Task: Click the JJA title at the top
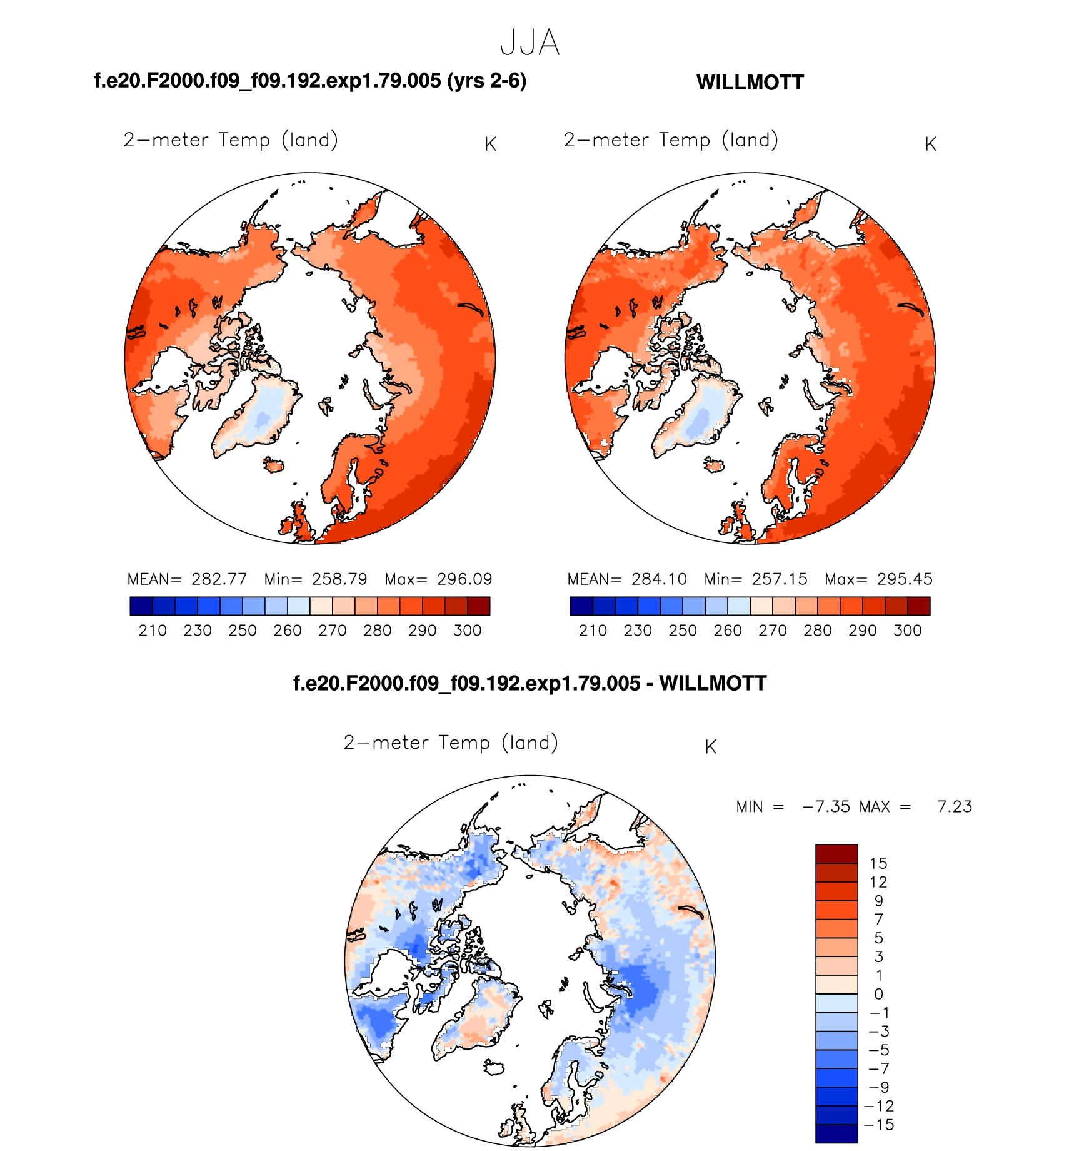[x=529, y=43]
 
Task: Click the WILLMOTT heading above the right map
[x=750, y=83]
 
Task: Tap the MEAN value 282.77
[x=219, y=579]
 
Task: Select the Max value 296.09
[x=464, y=579]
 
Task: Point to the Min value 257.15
[x=780, y=579]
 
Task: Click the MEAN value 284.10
[x=659, y=579]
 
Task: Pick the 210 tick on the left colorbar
[x=153, y=631]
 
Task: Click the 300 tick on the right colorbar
[x=907, y=631]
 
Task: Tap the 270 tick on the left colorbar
[x=332, y=631]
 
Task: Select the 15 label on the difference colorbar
[x=878, y=864]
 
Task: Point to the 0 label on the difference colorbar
[x=878, y=994]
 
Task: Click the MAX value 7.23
[x=955, y=807]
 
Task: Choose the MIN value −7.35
[x=826, y=807]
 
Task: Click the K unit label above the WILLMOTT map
[x=930, y=145]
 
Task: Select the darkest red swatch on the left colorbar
[x=479, y=606]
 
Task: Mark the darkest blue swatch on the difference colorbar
[x=836, y=1134]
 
